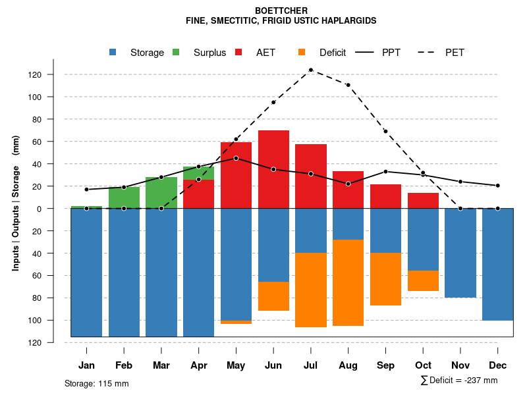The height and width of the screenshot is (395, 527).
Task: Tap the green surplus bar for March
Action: tap(161, 192)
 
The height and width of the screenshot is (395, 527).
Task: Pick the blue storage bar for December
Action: tap(497, 264)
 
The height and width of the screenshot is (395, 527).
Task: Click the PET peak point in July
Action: tap(311, 70)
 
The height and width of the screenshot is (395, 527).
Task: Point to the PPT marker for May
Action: tap(236, 158)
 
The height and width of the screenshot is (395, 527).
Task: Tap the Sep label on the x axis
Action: tap(385, 365)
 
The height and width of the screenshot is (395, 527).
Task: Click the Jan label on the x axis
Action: tap(86, 365)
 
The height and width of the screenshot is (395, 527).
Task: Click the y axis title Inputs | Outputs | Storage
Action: tap(16, 209)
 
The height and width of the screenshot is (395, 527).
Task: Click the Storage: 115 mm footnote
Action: tap(96, 383)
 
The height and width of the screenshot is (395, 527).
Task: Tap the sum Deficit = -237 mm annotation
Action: tap(459, 381)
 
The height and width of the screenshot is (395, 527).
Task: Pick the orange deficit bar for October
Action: tap(423, 280)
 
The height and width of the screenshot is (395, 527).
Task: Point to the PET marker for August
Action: tap(348, 85)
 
